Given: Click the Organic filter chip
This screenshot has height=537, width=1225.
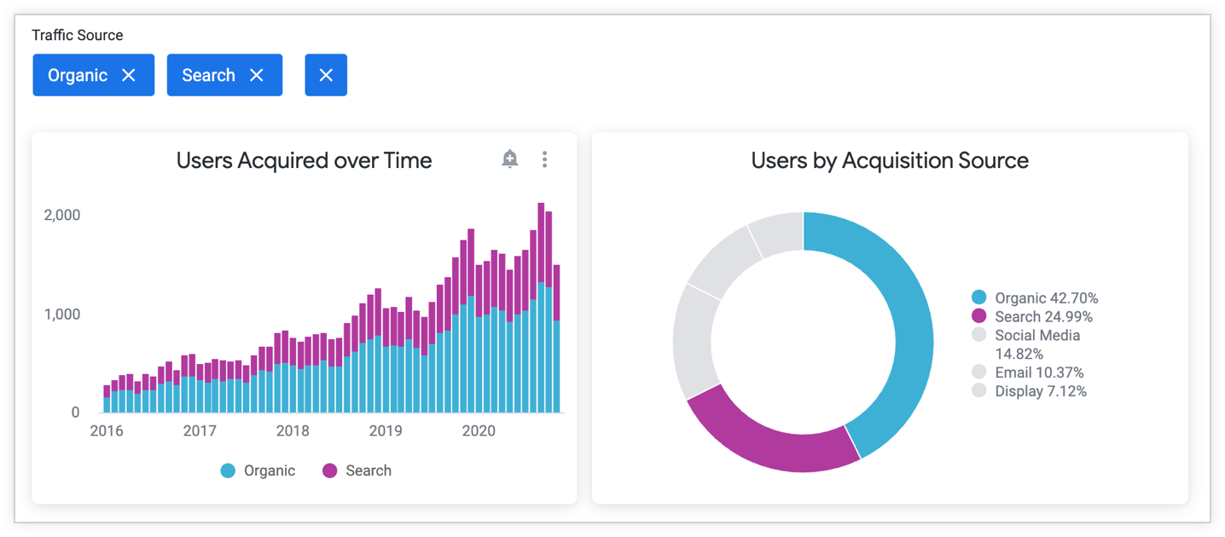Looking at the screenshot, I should (93, 75).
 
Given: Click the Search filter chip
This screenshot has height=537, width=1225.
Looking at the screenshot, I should (224, 75).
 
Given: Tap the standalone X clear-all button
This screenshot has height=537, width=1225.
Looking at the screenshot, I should (326, 75).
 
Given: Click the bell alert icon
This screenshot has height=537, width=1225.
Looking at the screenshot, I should (510, 159).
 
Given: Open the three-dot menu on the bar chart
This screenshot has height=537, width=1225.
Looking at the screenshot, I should (544, 159).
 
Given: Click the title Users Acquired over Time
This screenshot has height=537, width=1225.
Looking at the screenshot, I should (304, 160).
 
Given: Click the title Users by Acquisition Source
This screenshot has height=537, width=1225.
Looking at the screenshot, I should (890, 160).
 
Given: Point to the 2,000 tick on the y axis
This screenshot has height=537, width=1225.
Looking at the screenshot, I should (62, 215).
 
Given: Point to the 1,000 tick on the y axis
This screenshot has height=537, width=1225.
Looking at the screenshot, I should (62, 315).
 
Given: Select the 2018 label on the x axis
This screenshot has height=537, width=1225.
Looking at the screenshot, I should (293, 431).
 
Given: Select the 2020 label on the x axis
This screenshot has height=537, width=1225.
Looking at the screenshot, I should (479, 431).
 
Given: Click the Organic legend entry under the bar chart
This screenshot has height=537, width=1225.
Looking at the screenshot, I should (258, 471).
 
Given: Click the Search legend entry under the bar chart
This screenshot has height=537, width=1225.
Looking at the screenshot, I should (357, 471).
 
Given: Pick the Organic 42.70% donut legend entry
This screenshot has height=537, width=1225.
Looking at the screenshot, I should (1036, 297).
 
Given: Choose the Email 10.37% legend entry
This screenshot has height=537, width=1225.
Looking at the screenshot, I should (1029, 372).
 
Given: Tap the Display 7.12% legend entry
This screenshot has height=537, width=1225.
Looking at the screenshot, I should (1031, 391).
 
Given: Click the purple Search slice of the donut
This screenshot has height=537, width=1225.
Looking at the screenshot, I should (768, 435).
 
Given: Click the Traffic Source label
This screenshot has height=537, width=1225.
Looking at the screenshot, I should (78, 35).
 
